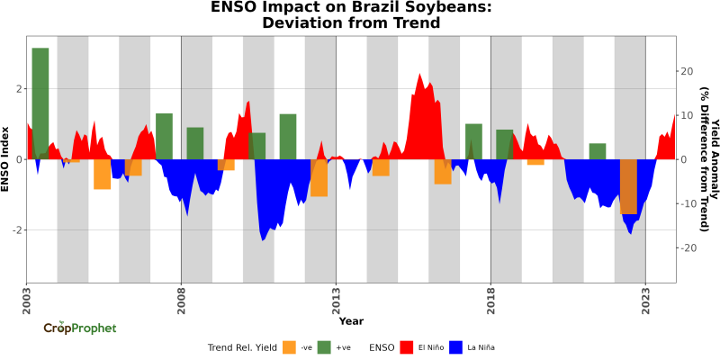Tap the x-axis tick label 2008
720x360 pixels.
[181, 297]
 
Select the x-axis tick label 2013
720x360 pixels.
[336, 297]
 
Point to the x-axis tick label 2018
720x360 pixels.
[490, 297]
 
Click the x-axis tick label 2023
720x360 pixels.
[645, 297]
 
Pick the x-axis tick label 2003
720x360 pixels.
[26, 297]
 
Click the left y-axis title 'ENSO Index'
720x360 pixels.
[6, 159]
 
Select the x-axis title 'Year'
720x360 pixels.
[351, 320]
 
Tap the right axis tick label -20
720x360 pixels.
[685, 248]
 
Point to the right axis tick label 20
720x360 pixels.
[685, 71]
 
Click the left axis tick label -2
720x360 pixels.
[15, 230]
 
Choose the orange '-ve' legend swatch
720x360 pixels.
[289, 346]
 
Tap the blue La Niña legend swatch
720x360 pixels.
[456, 346]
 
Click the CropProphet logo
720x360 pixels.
[80, 328]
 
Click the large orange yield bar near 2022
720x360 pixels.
[628, 187]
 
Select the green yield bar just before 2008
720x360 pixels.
[164, 136]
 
